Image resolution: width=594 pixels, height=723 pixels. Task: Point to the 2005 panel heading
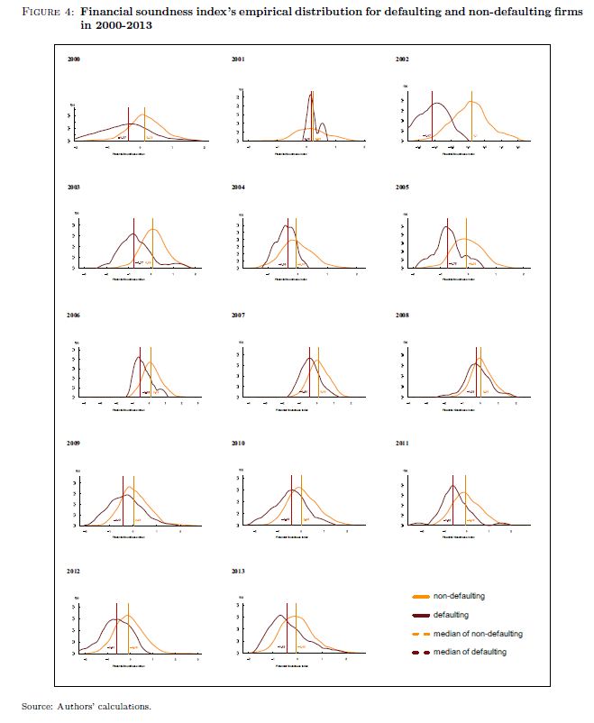point(402,188)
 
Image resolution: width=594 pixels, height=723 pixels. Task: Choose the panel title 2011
point(402,444)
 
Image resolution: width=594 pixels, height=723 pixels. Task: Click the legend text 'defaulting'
point(451,615)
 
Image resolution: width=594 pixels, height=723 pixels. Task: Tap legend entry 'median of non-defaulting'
point(478,634)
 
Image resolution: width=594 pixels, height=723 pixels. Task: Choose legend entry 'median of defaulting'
point(470,652)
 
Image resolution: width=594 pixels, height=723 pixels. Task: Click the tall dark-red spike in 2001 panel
point(310,113)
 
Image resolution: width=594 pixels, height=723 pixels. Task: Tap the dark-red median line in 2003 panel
point(133,243)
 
